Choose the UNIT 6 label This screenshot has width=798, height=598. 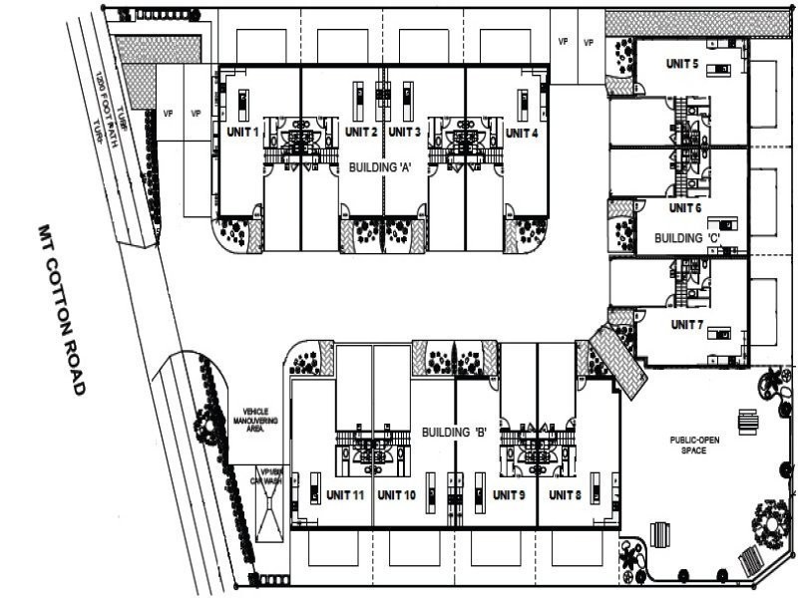point(685,208)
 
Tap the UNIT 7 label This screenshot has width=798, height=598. point(687,325)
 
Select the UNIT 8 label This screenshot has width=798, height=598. point(565,495)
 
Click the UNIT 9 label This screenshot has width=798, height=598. point(509,495)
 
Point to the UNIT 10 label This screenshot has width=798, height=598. point(397,495)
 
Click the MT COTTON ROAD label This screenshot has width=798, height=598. point(57,310)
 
